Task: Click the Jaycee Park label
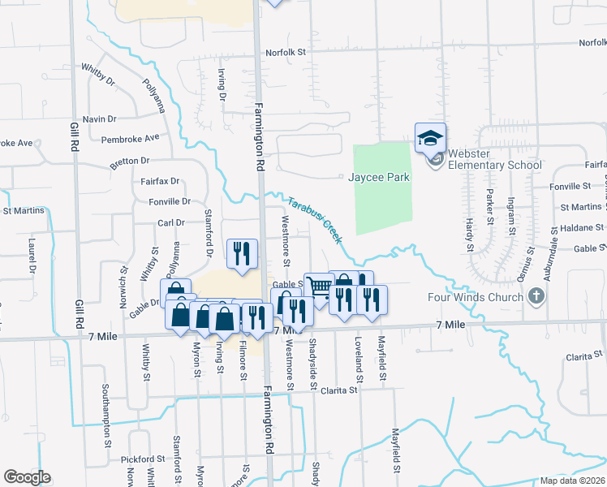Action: [x=379, y=177]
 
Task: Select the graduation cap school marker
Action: [x=430, y=137]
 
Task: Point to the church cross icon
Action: [x=535, y=296]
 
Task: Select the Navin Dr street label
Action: [x=100, y=119]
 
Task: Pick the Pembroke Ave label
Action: [x=130, y=139]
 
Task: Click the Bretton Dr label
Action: [x=130, y=162]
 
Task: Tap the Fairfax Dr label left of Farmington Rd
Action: [x=158, y=182]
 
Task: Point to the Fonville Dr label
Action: [x=170, y=201]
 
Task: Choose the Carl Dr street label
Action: [x=171, y=222]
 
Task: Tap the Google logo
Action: [x=27, y=477]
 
